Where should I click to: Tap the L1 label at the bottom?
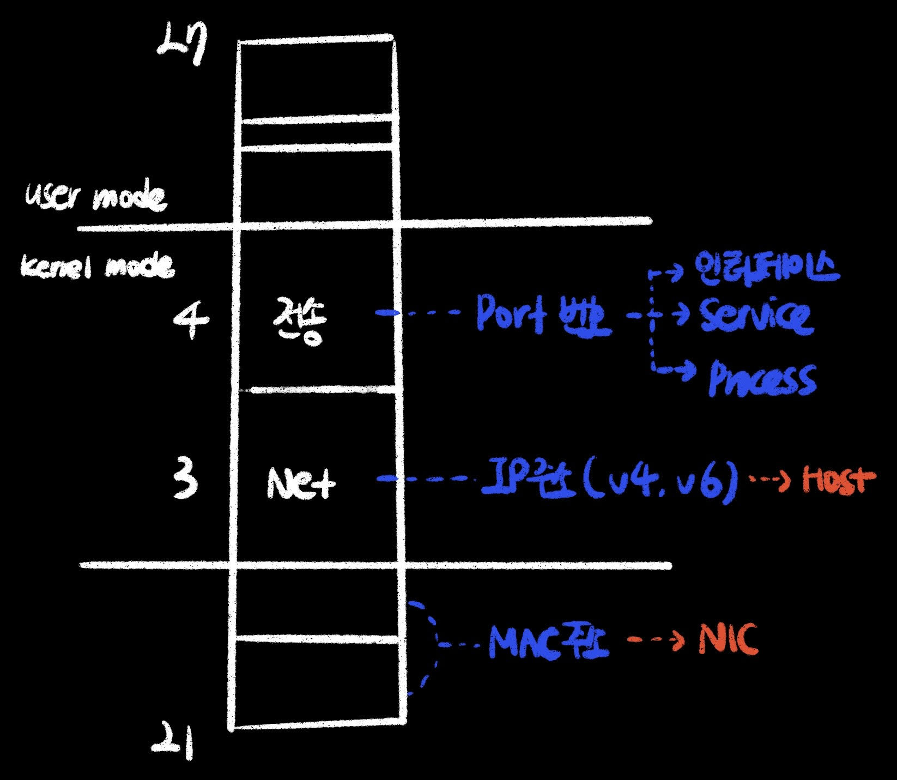(x=173, y=742)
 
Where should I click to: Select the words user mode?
(x=96, y=197)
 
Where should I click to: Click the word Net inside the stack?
(x=301, y=483)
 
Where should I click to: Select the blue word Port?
(x=511, y=314)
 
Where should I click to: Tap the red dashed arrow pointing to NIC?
(x=656, y=640)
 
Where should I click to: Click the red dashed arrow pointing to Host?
(x=769, y=480)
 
